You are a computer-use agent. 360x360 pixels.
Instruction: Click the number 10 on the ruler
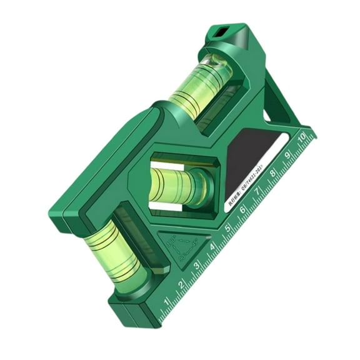point(302,136)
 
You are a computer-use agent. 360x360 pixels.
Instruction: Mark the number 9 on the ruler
point(287,154)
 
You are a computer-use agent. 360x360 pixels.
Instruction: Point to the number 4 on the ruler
point(212,247)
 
